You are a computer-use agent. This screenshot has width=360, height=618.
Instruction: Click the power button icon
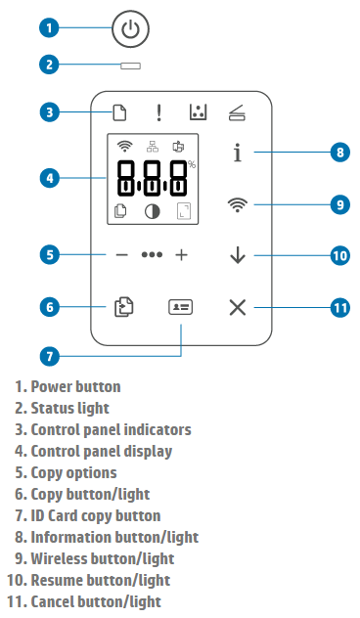(130, 29)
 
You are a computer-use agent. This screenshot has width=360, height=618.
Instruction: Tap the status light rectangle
(130, 66)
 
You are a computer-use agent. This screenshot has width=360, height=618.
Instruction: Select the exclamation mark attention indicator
(158, 112)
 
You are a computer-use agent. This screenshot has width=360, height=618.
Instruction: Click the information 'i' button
(238, 153)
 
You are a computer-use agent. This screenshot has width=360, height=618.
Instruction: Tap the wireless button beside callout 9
(238, 205)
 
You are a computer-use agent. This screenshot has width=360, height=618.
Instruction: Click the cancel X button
(238, 307)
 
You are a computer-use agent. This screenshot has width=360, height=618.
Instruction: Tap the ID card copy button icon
(181, 307)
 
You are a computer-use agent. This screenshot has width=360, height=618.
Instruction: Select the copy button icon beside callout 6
(124, 307)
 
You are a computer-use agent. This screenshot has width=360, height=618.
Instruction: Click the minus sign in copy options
(122, 255)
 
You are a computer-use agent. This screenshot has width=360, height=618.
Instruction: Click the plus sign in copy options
(181, 255)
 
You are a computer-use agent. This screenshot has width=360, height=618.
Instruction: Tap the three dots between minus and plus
(152, 255)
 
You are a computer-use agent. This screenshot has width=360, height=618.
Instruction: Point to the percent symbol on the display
(192, 164)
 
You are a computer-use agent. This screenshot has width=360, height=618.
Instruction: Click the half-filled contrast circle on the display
(153, 211)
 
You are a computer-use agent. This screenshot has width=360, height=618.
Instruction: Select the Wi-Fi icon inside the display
(124, 147)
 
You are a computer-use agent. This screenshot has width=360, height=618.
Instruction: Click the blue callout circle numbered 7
(49, 357)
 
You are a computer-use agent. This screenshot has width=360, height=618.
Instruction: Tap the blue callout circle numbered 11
(340, 307)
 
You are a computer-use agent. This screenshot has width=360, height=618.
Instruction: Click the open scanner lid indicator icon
(238, 112)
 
